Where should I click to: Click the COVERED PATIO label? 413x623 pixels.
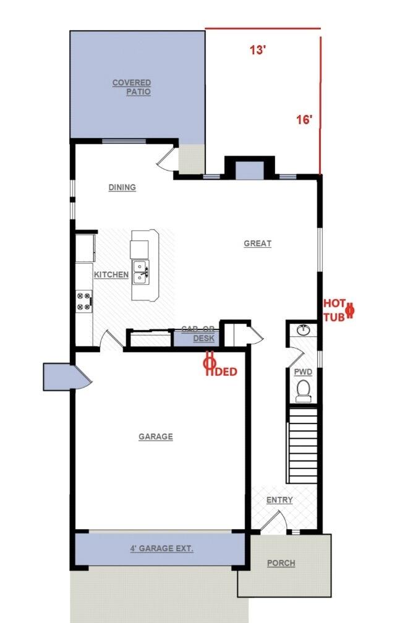131,87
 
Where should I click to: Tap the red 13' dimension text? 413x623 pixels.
258,51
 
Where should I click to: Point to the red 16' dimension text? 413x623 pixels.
304,120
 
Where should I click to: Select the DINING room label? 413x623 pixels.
122,187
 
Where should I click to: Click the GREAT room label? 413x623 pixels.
257,244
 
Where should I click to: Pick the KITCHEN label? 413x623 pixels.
111,274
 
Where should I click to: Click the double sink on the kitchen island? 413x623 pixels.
141,272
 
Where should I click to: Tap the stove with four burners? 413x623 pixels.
83,301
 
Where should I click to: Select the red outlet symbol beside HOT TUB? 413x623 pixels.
349,310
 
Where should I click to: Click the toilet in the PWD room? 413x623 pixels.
303,391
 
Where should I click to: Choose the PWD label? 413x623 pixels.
303,373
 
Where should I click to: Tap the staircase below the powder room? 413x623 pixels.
302,445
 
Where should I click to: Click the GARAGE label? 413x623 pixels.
155,437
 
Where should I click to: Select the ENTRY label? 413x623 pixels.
279,500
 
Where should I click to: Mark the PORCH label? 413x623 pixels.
281,563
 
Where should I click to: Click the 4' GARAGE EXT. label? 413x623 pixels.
162,548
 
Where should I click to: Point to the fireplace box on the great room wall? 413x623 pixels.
250,169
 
